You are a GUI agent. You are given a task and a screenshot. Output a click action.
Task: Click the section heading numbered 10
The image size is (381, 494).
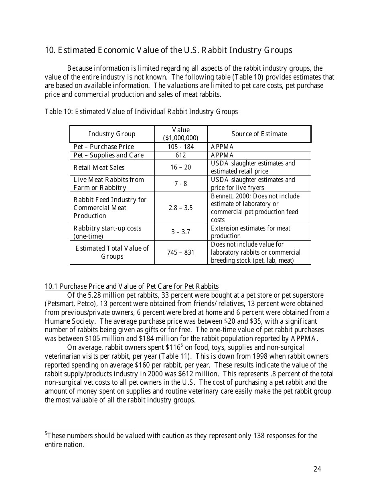[x=168, y=50]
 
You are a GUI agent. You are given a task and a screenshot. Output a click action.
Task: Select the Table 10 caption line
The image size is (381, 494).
[x=141, y=112]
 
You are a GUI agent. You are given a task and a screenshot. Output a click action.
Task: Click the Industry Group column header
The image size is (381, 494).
[x=112, y=134]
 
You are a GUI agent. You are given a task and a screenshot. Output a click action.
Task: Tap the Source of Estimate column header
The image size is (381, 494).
[x=259, y=134]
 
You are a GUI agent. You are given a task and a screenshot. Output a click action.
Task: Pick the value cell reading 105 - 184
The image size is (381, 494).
[x=180, y=147]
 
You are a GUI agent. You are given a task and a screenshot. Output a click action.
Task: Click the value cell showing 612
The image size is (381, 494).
[x=180, y=155]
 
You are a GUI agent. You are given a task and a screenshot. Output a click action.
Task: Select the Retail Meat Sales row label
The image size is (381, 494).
[x=99, y=167]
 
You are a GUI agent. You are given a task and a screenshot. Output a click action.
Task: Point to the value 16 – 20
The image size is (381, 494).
[x=180, y=167]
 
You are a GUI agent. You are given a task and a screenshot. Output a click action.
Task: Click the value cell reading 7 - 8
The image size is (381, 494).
[x=180, y=184]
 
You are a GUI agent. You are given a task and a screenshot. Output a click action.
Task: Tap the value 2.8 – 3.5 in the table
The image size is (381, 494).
[x=180, y=208]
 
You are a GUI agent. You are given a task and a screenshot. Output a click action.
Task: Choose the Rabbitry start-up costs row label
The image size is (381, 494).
[x=107, y=232]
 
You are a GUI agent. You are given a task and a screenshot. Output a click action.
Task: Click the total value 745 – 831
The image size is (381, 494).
[x=180, y=253]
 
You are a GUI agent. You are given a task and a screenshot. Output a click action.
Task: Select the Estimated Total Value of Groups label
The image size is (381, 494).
[x=112, y=252]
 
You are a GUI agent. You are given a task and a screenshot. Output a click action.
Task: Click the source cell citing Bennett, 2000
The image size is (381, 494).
[x=255, y=208]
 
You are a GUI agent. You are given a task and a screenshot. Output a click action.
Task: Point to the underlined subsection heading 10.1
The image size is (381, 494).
[x=132, y=286]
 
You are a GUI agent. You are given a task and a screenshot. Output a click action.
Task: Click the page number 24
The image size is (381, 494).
[x=317, y=469]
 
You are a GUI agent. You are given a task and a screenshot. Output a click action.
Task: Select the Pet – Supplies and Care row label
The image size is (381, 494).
[x=108, y=155]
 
